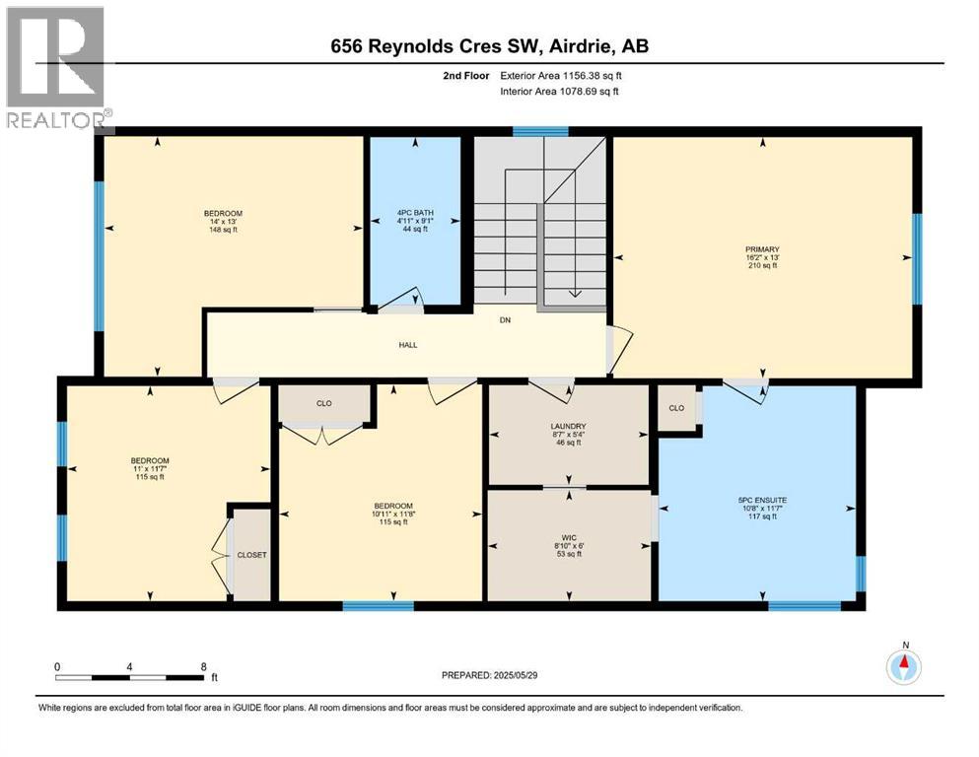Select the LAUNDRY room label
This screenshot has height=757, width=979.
point(569,427)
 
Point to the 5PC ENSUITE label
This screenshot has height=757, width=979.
point(762,500)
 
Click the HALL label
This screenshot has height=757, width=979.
point(408,345)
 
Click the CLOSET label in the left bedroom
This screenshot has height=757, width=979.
point(252,555)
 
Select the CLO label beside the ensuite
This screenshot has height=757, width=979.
point(676,408)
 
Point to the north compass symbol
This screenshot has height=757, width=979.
point(903,666)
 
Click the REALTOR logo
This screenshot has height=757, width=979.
point(57,67)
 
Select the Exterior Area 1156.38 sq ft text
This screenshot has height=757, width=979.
point(560,74)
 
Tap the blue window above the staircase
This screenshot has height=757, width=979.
point(540,131)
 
